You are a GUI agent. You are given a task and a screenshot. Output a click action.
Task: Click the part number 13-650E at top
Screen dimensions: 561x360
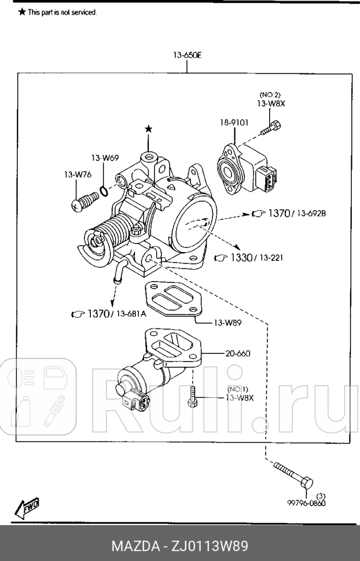(186, 56)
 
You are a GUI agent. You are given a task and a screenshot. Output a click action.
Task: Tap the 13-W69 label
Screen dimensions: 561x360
(104, 158)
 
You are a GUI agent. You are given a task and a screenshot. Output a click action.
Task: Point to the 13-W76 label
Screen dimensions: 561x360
(76, 174)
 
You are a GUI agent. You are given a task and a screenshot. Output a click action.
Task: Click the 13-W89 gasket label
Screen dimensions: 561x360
(227, 323)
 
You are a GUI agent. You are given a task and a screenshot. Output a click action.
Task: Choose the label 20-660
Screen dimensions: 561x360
(238, 353)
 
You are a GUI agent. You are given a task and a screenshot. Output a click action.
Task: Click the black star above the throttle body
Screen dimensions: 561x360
(149, 128)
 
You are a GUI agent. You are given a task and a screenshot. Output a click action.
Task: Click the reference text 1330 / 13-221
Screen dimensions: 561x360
(248, 257)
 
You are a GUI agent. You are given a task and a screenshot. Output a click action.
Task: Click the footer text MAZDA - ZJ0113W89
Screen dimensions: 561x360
(180, 546)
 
